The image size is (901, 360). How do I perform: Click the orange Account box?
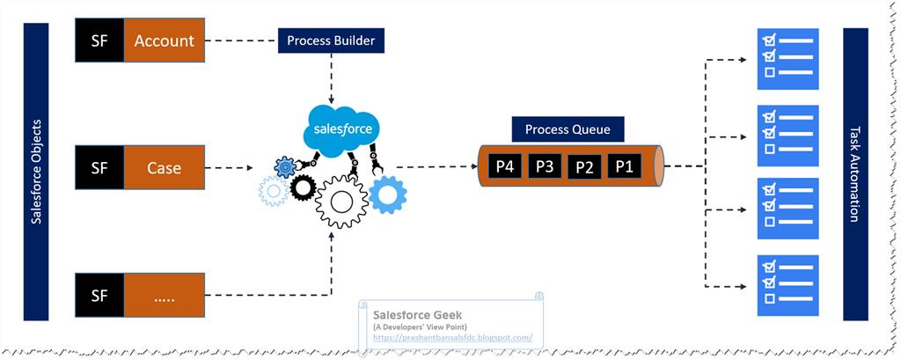(x=164, y=41)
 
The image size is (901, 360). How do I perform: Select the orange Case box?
(x=164, y=166)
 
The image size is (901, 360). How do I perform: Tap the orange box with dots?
(x=164, y=295)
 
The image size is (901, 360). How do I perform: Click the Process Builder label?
(x=332, y=40)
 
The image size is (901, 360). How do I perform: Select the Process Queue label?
(x=568, y=129)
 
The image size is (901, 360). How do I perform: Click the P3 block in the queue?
(x=545, y=165)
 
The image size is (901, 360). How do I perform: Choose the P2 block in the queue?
(x=585, y=166)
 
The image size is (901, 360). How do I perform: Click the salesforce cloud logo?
(x=342, y=130)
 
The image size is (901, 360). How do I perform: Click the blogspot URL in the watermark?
(x=452, y=337)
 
